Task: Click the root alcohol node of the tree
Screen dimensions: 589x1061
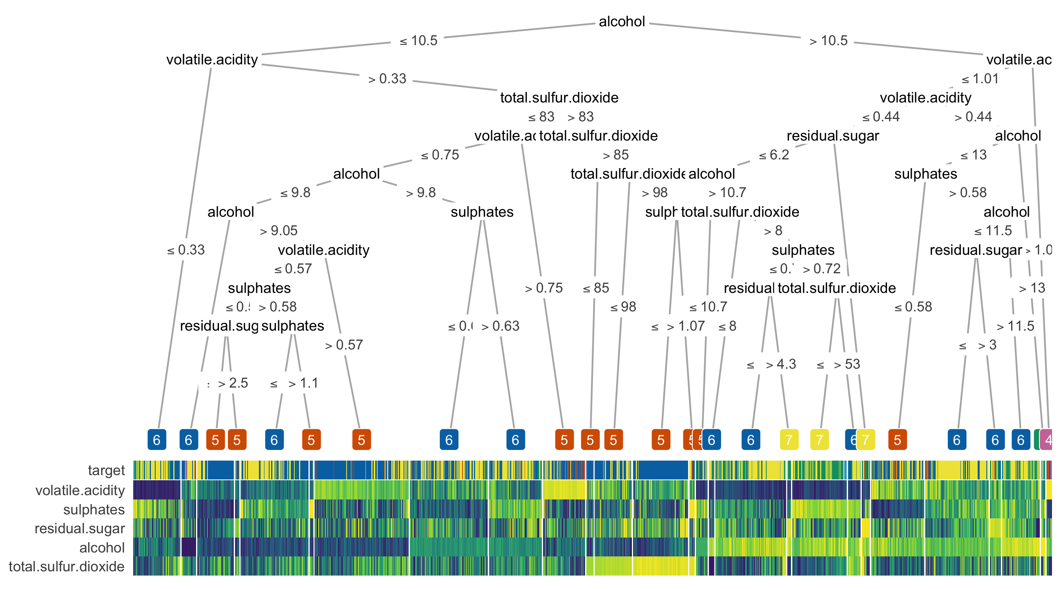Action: pos(622,22)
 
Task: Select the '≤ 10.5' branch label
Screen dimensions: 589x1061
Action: pos(419,41)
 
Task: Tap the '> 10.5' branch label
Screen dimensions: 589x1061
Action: pos(828,41)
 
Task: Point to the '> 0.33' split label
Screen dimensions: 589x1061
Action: pos(387,79)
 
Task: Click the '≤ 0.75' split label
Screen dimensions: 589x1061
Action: pos(440,155)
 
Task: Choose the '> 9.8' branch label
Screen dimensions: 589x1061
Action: pos(420,193)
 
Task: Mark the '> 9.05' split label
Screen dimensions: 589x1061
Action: pos(279,231)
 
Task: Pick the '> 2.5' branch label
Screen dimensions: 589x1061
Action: pos(233,383)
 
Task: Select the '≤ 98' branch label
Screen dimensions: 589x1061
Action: pos(623,307)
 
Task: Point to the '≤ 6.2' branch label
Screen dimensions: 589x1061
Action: pos(774,155)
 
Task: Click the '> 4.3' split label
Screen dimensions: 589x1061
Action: pos(781,364)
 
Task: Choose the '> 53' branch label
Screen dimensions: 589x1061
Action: pos(847,364)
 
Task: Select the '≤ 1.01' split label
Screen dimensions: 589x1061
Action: pos(980,79)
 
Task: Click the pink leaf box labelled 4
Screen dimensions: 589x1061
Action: pos(1047,439)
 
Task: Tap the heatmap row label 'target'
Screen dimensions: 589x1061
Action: pos(106,470)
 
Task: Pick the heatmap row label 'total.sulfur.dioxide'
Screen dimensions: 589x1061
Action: pos(67,567)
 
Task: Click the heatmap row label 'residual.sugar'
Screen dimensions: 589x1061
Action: pos(79,529)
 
